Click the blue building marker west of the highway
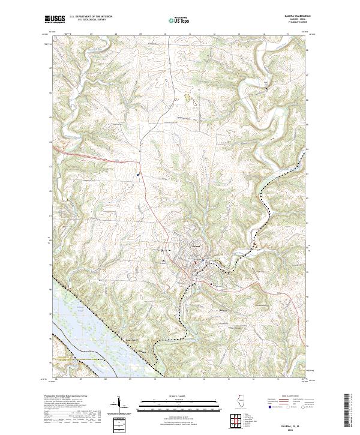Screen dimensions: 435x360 pos(138,175)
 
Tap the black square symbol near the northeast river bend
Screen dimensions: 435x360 pos(268,88)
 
